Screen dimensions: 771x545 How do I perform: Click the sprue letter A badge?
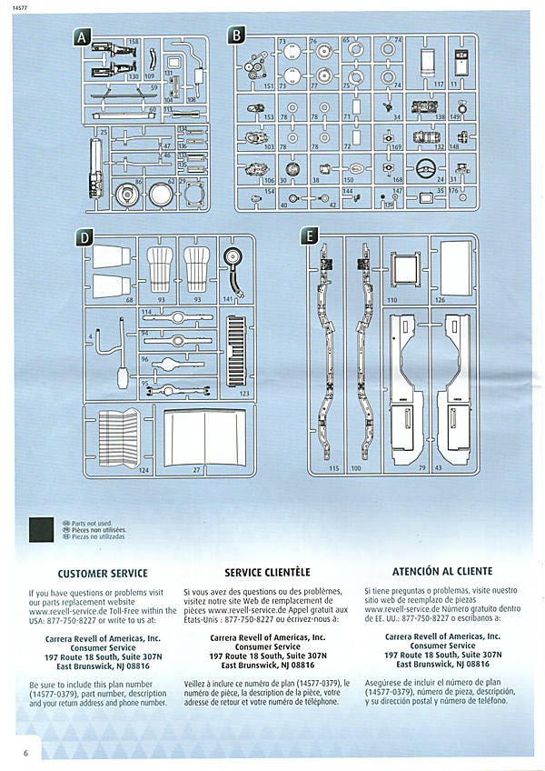tap(82, 37)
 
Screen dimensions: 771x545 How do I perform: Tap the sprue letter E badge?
tap(310, 237)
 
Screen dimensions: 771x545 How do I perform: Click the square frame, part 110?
tap(403, 267)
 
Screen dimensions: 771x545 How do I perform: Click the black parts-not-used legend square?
tap(42, 530)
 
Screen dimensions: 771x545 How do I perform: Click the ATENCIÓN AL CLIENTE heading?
tap(442, 572)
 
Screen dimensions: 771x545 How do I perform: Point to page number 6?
tap(26, 753)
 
